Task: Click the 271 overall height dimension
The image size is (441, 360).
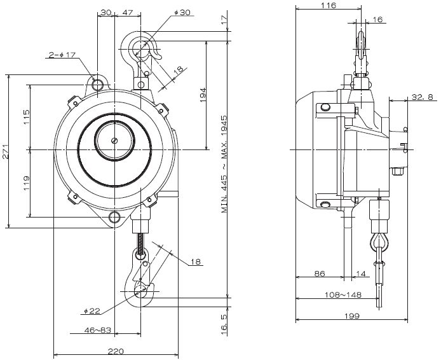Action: [x=5, y=151]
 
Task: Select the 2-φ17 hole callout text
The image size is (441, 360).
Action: [x=62, y=55]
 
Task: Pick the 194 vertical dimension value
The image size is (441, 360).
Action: [x=203, y=95]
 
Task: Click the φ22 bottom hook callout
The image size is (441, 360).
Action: [x=92, y=311]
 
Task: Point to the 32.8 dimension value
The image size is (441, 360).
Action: [x=422, y=97]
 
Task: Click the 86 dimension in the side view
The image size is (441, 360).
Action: [x=319, y=273]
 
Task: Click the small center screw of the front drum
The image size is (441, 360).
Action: [x=114, y=141]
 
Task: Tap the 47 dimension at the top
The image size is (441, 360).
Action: [x=128, y=12]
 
